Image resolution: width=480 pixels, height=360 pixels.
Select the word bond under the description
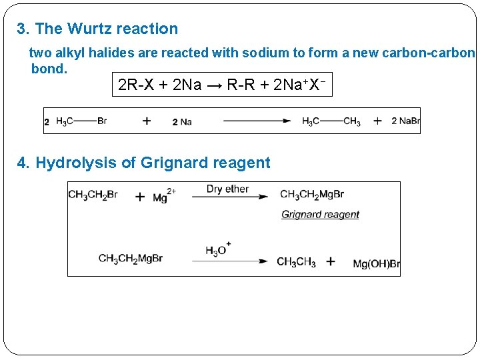[49, 69]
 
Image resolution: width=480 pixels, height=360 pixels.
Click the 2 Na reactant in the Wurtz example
[182, 121]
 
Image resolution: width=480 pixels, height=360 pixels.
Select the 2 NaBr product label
[405, 121]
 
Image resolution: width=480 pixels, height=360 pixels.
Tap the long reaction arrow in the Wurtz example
[257, 121]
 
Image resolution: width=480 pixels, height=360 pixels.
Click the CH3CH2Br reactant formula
[93, 195]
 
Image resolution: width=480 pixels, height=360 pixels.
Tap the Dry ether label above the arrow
[227, 189]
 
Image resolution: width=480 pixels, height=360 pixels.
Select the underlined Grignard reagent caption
[320, 214]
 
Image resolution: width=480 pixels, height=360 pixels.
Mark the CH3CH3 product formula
[296, 262]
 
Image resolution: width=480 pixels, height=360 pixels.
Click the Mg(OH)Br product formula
[376, 264]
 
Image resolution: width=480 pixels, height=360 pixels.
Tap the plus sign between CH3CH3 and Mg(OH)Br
[331, 262]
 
